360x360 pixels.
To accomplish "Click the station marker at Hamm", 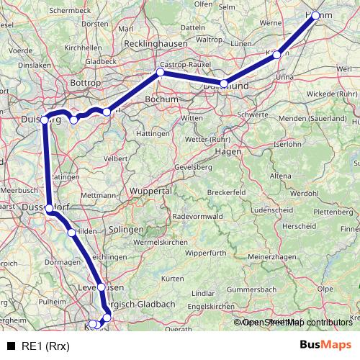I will pyautogui.click(x=315, y=15).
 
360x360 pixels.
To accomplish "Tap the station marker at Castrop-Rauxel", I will pyautogui.click(x=161, y=73).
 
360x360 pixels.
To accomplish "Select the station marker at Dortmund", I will pyautogui.click(x=224, y=84).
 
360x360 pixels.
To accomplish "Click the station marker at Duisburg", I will pyautogui.click(x=45, y=120).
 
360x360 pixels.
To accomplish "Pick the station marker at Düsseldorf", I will pyautogui.click(x=49, y=208).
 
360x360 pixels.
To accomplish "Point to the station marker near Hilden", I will pyautogui.click(x=71, y=233).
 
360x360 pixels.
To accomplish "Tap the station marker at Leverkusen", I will pyautogui.click(x=102, y=287).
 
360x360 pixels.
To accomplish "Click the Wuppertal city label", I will pyautogui.click(x=150, y=192).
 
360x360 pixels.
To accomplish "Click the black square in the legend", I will pyautogui.click(x=11, y=345).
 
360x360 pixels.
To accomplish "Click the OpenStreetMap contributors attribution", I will pyautogui.click(x=295, y=323).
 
